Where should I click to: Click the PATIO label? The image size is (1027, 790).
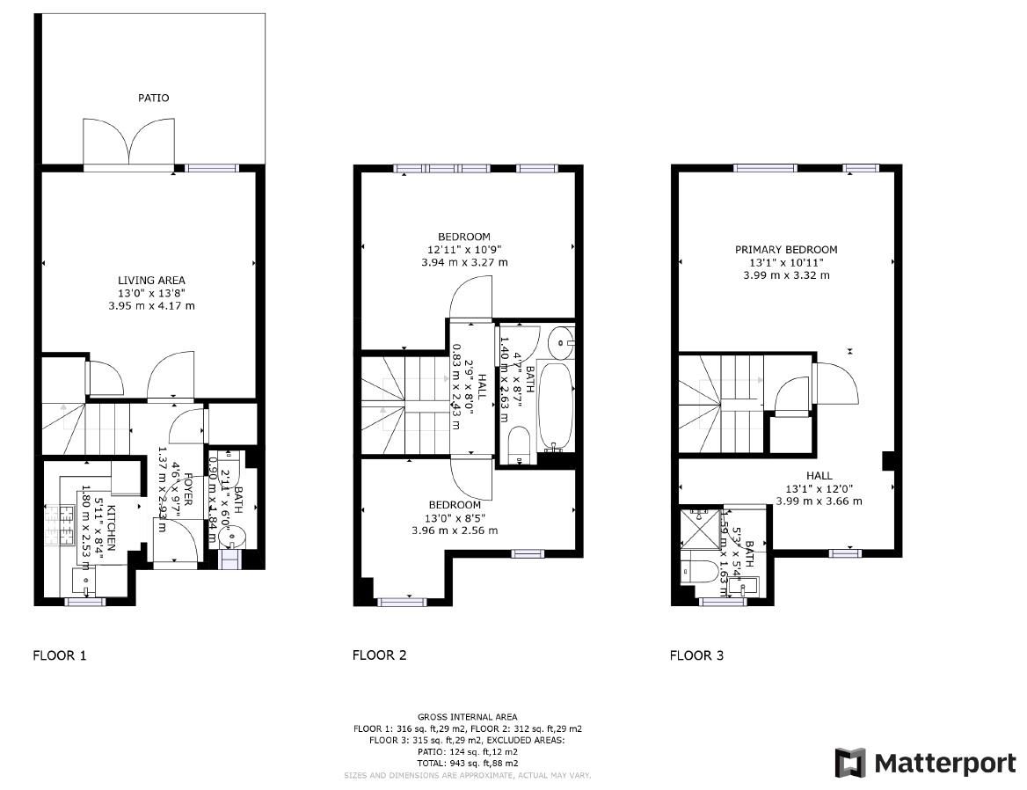[x=153, y=98]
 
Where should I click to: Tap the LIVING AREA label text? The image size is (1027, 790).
[x=151, y=281]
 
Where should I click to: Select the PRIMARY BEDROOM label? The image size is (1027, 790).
[x=786, y=250]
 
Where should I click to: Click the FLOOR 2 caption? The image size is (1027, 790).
[x=379, y=655]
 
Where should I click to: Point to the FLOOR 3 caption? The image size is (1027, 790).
[x=696, y=655]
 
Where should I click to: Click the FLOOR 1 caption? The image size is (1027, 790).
[x=60, y=655]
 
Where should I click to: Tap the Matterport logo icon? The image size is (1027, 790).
[x=849, y=763]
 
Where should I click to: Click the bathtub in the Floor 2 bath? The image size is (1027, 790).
[x=554, y=405]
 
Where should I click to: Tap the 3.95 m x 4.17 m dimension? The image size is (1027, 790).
[x=151, y=306]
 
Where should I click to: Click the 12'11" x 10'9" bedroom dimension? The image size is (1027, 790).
[x=464, y=250]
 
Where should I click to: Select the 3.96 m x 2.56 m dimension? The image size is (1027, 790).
[x=455, y=530]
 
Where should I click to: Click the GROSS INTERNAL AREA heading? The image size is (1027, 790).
[x=467, y=717]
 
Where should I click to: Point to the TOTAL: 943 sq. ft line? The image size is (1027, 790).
[x=467, y=764]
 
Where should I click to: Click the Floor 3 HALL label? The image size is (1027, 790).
[x=819, y=476]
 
